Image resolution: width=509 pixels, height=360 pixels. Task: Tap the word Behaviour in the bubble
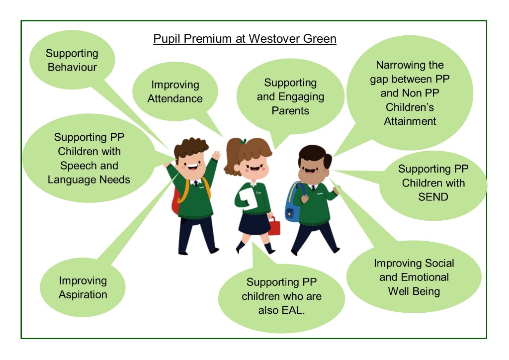click(x=72, y=67)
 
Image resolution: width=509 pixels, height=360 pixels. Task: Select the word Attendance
click(x=175, y=98)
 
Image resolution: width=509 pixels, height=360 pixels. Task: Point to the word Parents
click(x=290, y=111)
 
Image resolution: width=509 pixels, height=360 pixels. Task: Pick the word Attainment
click(x=410, y=121)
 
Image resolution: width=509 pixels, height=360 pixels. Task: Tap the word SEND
click(x=433, y=197)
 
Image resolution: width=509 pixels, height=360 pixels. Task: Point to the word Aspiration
click(x=83, y=295)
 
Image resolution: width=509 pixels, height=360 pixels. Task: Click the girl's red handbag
click(x=274, y=226)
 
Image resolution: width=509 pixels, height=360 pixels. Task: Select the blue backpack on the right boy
click(x=292, y=202)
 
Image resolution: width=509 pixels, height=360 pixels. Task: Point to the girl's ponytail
click(x=232, y=156)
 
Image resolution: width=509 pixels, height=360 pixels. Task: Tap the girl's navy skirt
click(x=254, y=223)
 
